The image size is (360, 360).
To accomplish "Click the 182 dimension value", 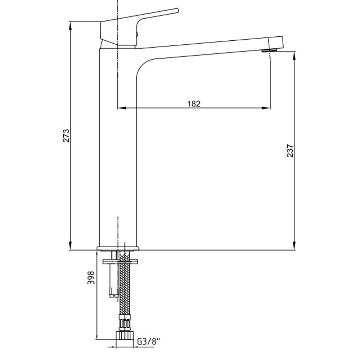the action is coord(194,104).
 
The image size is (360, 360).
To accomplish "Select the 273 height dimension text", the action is coord(66,136).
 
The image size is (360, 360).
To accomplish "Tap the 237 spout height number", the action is coord(290,150).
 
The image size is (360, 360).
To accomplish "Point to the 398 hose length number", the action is coord(91,278).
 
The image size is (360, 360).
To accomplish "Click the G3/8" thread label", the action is coord(148,342).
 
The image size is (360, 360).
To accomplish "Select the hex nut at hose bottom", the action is coord(125,335).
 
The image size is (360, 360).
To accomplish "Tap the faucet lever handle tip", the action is coord(177,10).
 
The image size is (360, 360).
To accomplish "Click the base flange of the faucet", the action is coord(118,248).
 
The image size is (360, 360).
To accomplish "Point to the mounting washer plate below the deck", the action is coord(120,261).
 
